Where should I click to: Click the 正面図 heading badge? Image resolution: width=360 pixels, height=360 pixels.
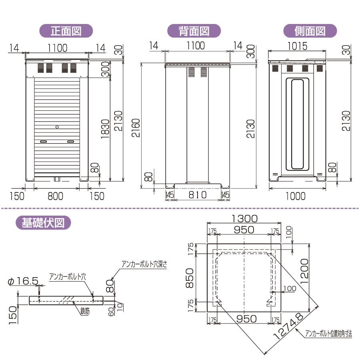click(x=66, y=31)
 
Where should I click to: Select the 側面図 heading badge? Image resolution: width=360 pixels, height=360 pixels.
click(x=310, y=31)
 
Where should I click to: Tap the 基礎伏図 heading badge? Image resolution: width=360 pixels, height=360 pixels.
click(x=43, y=222)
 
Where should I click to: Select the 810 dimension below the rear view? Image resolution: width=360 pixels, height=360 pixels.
click(x=197, y=195)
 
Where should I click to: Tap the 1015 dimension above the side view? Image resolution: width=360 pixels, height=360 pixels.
click(x=297, y=46)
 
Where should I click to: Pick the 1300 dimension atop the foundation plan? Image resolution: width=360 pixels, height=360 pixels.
click(x=244, y=218)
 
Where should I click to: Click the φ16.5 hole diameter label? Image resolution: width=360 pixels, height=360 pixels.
click(x=23, y=282)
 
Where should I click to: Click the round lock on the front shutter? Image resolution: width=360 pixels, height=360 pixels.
click(x=56, y=127)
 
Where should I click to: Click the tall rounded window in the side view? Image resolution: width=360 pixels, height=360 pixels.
click(x=296, y=124)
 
